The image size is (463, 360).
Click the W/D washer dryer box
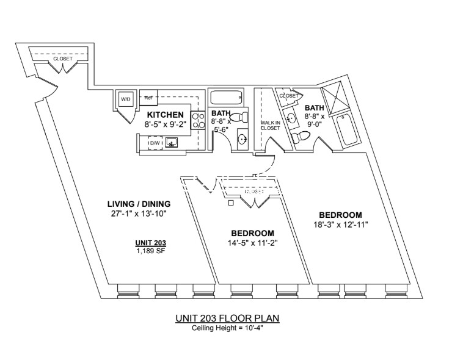pyautogui.click(x=125, y=99)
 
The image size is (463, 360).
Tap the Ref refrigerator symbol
pyautogui.click(x=148, y=98)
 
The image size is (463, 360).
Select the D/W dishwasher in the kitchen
pyautogui.click(x=155, y=143)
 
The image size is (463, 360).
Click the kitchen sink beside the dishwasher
pyautogui.click(x=171, y=143)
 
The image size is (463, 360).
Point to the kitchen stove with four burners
pyautogui.click(x=199, y=120)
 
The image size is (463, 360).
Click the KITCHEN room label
pyautogui.click(x=166, y=115)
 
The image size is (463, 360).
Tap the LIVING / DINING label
pyautogui.click(x=139, y=204)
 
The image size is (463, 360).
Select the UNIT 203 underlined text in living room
pyautogui.click(x=151, y=243)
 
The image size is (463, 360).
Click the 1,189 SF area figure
pyautogui.click(x=151, y=251)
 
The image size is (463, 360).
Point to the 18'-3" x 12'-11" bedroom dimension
pyautogui.click(x=340, y=225)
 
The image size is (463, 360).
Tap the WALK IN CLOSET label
pyautogui.click(x=270, y=126)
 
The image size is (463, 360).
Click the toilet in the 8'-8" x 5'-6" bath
pyautogui.click(x=239, y=117)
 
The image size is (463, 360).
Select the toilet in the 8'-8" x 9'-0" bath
pyautogui.click(x=301, y=137)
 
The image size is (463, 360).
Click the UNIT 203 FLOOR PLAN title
pyautogui.click(x=227, y=319)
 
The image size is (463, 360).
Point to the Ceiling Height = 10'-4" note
pyautogui.click(x=227, y=328)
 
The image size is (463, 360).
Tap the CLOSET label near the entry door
pyautogui.click(x=62, y=59)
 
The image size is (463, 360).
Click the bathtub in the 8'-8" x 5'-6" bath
pyautogui.click(x=227, y=98)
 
